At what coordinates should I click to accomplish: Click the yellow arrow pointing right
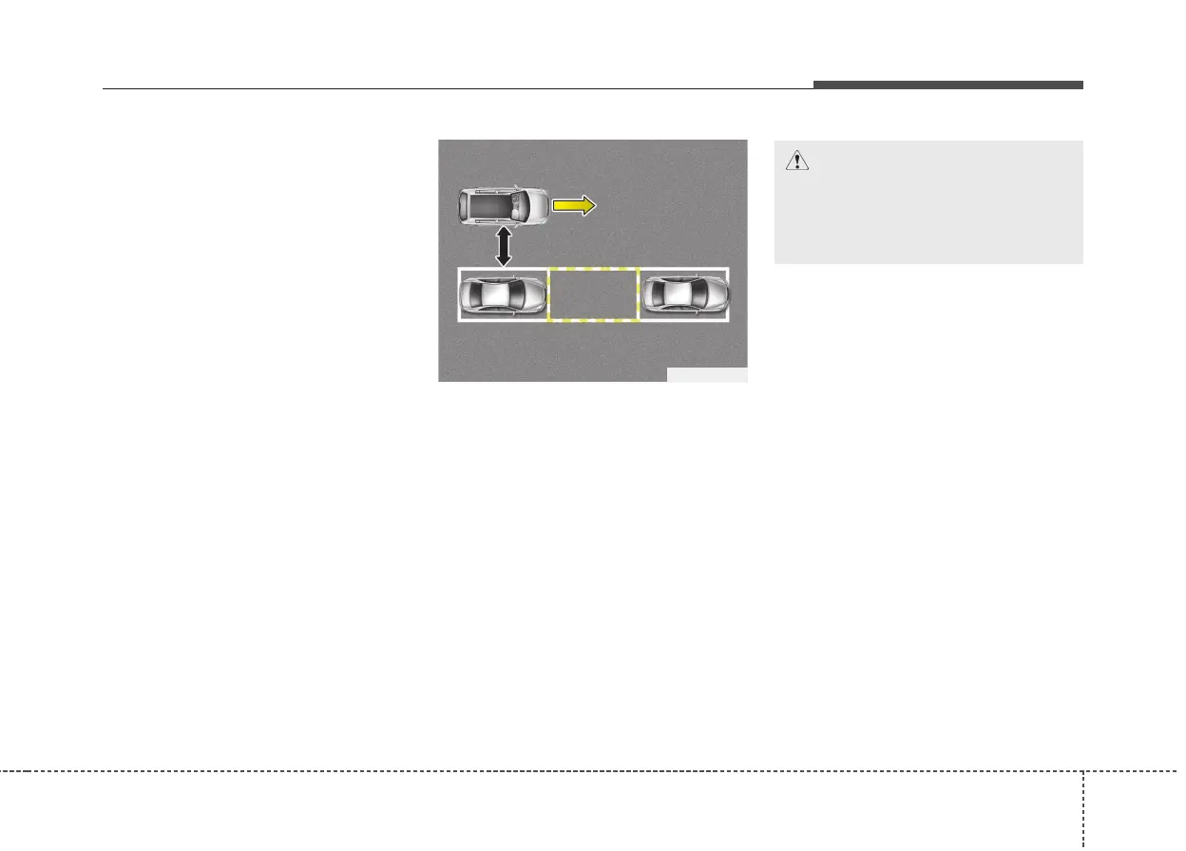click(x=574, y=204)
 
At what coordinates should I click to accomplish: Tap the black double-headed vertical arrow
click(x=504, y=246)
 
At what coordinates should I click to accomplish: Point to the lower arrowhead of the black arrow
click(x=504, y=260)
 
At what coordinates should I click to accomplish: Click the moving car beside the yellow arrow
click(x=504, y=204)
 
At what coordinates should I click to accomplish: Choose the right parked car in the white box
click(x=684, y=295)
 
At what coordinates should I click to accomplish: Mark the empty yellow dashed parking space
click(x=593, y=295)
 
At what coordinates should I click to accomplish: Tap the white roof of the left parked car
click(x=495, y=295)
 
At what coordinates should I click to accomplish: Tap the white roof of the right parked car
click(x=677, y=295)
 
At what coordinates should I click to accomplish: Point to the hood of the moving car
click(x=537, y=204)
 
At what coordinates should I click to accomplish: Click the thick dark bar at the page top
click(x=947, y=85)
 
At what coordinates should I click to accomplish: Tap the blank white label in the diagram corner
click(x=707, y=374)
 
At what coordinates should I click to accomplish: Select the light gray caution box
click(x=928, y=202)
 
